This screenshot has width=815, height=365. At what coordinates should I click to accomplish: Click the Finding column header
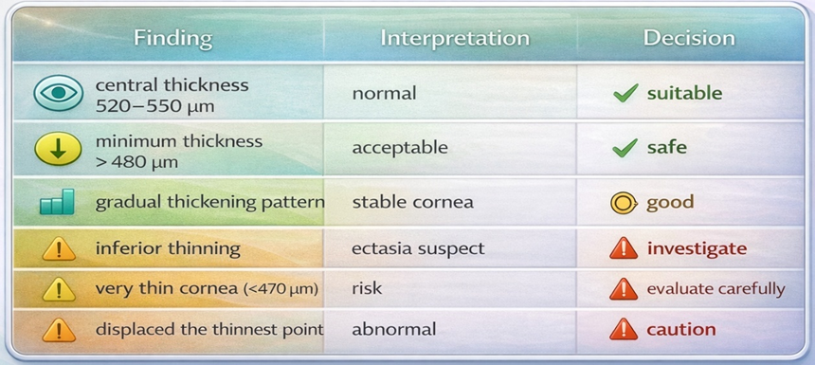click(173, 39)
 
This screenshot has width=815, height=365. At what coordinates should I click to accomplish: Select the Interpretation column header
click(455, 39)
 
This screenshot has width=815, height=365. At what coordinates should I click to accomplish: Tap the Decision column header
click(689, 39)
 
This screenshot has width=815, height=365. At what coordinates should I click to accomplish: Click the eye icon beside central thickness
click(58, 93)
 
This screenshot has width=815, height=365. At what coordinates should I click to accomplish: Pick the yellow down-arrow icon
click(58, 148)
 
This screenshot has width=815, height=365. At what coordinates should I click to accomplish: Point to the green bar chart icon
click(57, 202)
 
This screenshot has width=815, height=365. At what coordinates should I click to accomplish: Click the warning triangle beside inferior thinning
click(59, 249)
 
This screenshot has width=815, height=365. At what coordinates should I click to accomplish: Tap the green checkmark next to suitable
click(625, 94)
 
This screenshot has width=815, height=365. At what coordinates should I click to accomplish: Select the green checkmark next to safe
click(625, 148)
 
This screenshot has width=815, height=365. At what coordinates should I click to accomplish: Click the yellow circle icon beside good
click(624, 202)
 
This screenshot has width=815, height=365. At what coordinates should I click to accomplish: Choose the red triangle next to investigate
click(624, 248)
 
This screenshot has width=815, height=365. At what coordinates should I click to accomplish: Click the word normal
click(384, 94)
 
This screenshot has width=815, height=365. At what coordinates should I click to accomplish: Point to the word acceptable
click(400, 148)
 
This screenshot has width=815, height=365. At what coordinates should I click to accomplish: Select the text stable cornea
click(412, 202)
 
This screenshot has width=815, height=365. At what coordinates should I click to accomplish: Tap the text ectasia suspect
click(418, 248)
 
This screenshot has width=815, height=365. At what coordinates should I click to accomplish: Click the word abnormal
click(393, 330)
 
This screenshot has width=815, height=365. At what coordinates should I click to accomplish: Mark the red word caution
click(681, 330)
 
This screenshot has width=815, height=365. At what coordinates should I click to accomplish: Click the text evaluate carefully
click(715, 289)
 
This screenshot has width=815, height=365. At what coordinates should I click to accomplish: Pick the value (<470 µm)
click(281, 289)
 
